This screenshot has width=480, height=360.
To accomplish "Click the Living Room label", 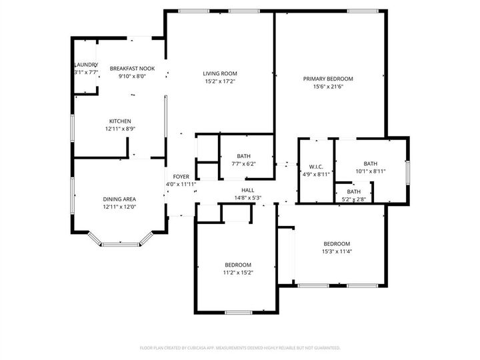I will pyautogui.click(x=220, y=73).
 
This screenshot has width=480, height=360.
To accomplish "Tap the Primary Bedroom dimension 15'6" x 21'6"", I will pyautogui.click(x=328, y=87).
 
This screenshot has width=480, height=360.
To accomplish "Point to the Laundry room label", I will pyautogui.click(x=85, y=65).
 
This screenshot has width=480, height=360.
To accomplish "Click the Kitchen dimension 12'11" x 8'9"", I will pyautogui.click(x=120, y=129).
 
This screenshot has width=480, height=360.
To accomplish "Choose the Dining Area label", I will pyautogui.click(x=120, y=199).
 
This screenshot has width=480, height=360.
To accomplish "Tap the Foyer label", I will pyautogui.click(x=181, y=177).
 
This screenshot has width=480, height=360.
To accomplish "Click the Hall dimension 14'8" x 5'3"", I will pyautogui.click(x=247, y=197).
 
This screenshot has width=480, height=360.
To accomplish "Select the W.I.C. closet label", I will pyautogui.click(x=316, y=166).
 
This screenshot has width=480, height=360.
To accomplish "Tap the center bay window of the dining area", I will pyautogui.click(x=120, y=244).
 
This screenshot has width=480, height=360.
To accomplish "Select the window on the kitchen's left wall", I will pyautogui.click(x=73, y=126).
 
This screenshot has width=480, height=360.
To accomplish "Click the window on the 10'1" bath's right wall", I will pyautogui.click(x=406, y=171).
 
